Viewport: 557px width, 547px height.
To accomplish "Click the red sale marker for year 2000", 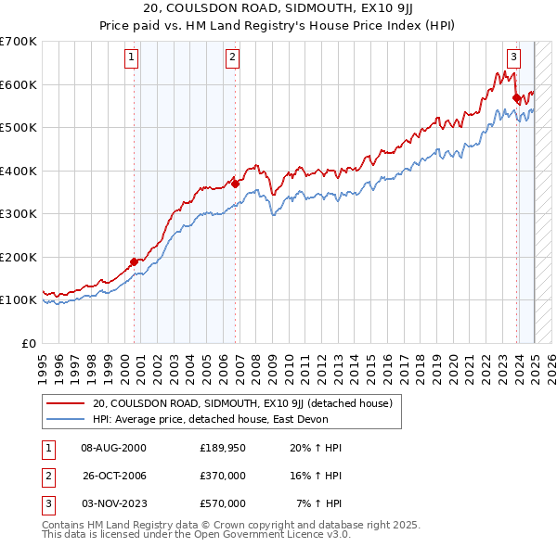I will point(134,261).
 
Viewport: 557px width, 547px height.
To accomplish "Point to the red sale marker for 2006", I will point(236,184).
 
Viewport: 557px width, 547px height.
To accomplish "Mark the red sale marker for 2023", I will point(516,96).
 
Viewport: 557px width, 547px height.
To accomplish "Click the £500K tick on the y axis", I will point(19,127).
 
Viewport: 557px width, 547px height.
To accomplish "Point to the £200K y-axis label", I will point(19,257).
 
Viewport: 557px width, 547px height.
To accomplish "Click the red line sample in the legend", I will point(65,403).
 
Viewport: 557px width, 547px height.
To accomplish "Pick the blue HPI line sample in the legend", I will point(65,419).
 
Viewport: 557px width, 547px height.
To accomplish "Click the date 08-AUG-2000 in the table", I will point(114,448).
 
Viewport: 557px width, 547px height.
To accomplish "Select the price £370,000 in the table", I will point(223,476).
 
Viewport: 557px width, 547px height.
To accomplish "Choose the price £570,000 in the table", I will point(223,503).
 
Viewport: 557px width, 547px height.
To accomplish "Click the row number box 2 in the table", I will point(45,476).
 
